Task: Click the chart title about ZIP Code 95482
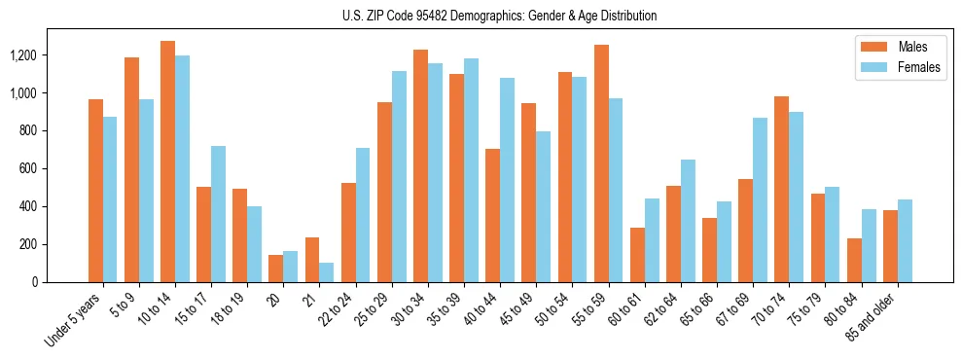coord(499,16)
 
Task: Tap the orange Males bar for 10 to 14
coord(167,162)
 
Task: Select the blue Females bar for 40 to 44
coord(507,180)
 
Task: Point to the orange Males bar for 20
coord(275,269)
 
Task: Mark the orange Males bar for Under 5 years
coord(95,191)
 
